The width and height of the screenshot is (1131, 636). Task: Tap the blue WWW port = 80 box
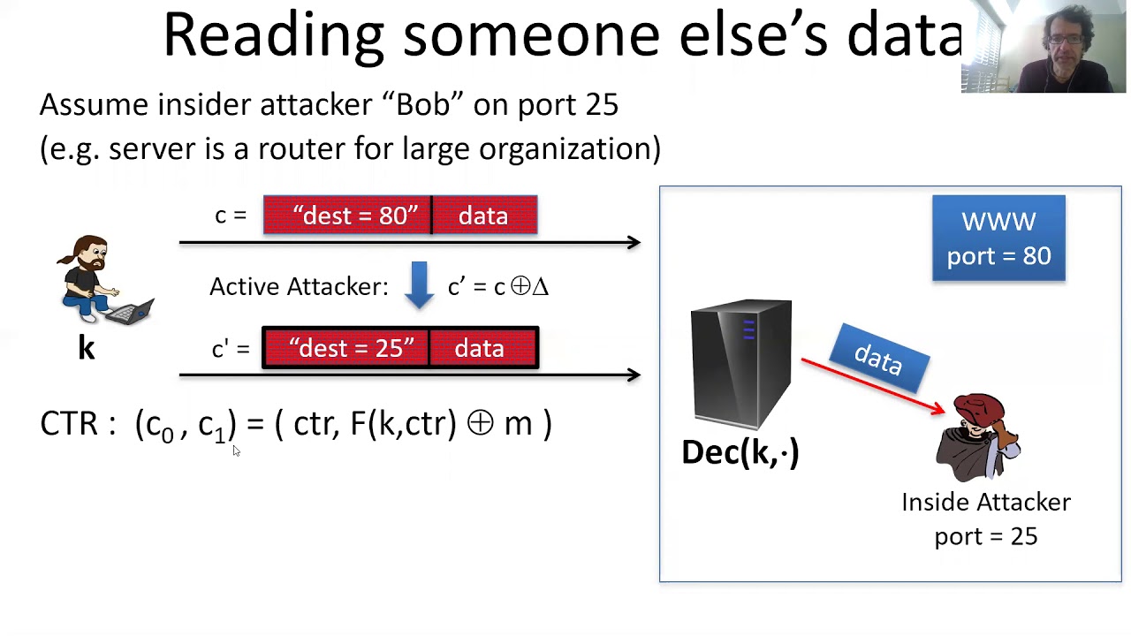pos(998,238)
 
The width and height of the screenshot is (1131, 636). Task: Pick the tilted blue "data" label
pos(879,358)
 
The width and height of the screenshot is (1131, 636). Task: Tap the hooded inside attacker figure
pos(979,437)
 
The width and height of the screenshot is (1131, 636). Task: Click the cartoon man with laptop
pos(97,281)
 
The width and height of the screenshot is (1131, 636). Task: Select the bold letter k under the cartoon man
pos(86,348)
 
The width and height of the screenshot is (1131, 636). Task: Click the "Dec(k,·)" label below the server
pos(740,452)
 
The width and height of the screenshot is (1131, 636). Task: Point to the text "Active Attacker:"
pos(299,286)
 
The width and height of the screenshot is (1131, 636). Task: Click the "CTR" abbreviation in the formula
pos(69,424)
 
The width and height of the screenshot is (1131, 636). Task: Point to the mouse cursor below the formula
pos(235,450)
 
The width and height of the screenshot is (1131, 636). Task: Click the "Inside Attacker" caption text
pos(986,503)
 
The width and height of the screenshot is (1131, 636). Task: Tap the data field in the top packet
pos(483,216)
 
